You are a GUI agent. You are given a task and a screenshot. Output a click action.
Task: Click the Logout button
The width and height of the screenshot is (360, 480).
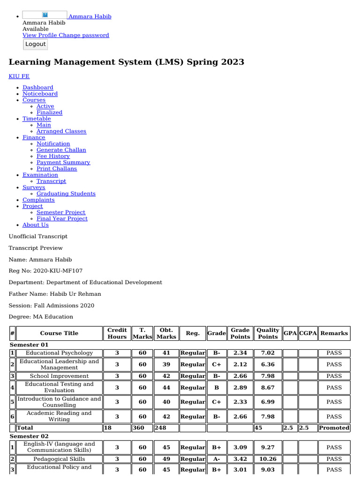[36, 44]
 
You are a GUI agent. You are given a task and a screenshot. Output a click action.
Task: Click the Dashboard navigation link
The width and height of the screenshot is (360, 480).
[38, 88]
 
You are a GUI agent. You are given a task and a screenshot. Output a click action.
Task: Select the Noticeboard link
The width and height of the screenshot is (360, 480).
[40, 94]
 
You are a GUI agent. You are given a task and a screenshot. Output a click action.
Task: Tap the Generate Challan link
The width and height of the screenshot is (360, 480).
[61, 150]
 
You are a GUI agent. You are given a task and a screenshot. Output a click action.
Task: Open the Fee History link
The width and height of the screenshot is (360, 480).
[53, 156]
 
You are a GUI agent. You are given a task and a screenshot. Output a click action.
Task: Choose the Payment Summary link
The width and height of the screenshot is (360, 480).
[63, 162]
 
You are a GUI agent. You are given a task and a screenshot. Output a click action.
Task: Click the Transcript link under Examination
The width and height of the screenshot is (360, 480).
[51, 181]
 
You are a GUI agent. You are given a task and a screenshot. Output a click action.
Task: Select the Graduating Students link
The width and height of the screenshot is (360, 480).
[66, 194]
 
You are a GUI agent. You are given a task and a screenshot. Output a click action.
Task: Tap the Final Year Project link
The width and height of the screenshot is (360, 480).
[62, 218]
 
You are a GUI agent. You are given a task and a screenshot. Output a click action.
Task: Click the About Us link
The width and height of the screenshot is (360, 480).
[36, 225]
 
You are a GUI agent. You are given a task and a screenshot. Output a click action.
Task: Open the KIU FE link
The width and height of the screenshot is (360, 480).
[19, 76]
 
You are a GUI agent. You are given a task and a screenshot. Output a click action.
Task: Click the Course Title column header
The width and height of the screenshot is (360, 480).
[59, 333]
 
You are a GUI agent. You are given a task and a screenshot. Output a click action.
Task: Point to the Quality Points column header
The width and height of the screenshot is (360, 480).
[268, 333]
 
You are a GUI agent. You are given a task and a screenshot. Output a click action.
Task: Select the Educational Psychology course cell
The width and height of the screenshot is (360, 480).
[59, 353]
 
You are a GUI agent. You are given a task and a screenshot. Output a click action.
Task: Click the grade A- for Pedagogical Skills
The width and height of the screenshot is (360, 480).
[217, 459]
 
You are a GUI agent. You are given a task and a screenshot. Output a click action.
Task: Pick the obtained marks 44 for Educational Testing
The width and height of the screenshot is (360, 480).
[166, 388]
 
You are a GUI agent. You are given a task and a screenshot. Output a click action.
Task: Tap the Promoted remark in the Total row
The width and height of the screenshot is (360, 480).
[334, 427]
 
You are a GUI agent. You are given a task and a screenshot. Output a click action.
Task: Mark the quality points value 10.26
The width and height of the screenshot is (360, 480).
[268, 459]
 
